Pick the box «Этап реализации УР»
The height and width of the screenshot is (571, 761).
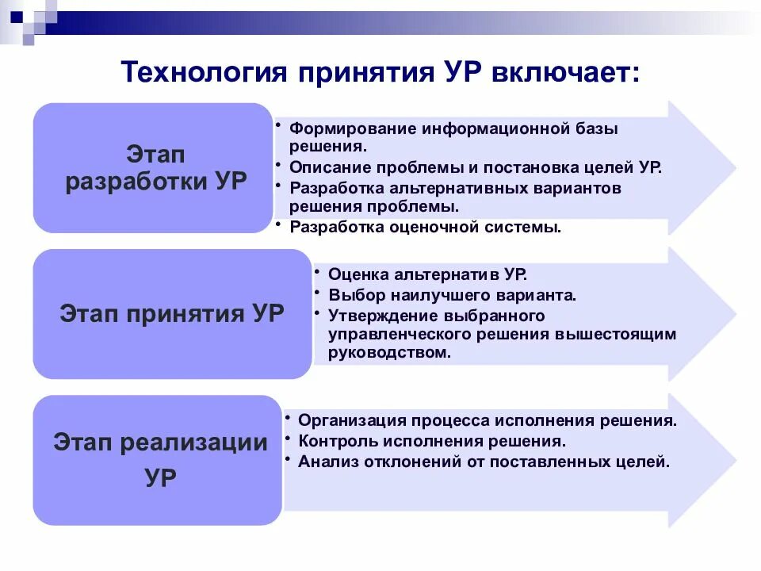[x=159, y=460]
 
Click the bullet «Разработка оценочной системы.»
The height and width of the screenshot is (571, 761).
[x=426, y=228]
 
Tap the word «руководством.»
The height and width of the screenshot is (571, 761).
[x=390, y=353]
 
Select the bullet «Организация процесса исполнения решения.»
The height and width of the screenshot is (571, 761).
[x=488, y=421]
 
